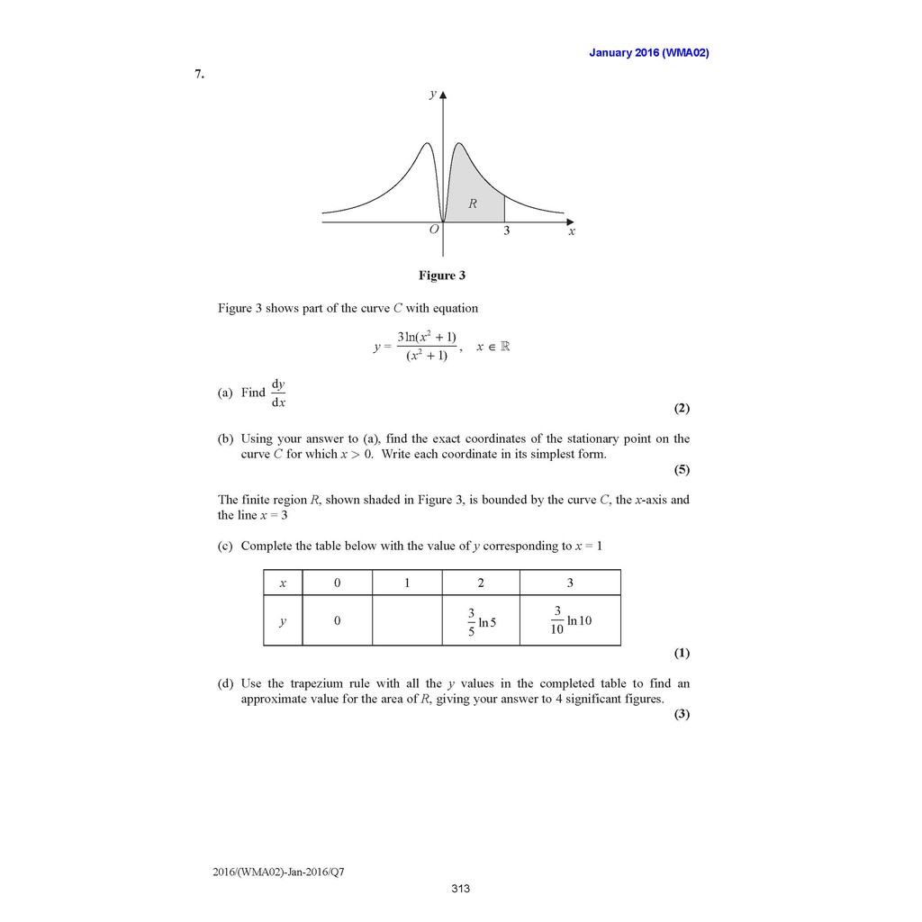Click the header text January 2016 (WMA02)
pyautogui.click(x=648, y=53)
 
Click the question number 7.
pyautogui.click(x=199, y=75)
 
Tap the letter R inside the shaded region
pyautogui.click(x=472, y=204)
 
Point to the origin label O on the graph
pyautogui.click(x=434, y=230)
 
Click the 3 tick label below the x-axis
pyautogui.click(x=506, y=231)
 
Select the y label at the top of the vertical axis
pyautogui.click(x=432, y=95)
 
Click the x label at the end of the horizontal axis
pyautogui.click(x=571, y=231)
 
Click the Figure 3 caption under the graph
pyautogui.click(x=441, y=276)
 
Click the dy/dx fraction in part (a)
pyautogui.click(x=279, y=393)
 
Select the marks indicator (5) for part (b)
pyautogui.click(x=682, y=469)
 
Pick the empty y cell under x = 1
pyautogui.click(x=406, y=620)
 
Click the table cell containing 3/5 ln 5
pyautogui.click(x=480, y=620)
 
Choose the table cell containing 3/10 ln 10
pyautogui.click(x=570, y=620)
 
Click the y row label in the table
pyautogui.click(x=283, y=620)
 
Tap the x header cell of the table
pyautogui.click(x=283, y=583)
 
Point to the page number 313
pyautogui.click(x=461, y=890)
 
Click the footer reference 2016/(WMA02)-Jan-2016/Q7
pyautogui.click(x=278, y=872)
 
